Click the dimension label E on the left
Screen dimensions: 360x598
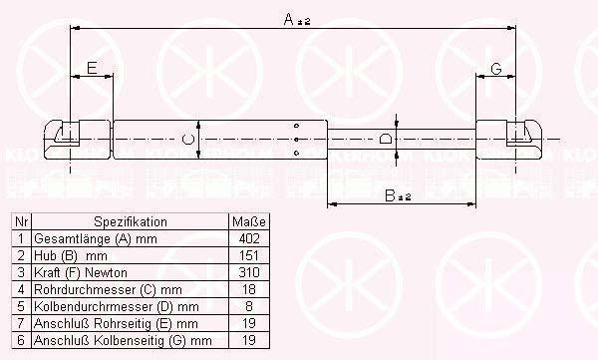(91, 68)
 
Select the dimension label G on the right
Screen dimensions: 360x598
(494, 68)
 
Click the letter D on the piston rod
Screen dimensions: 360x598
(385, 140)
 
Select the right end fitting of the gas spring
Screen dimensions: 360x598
(518, 137)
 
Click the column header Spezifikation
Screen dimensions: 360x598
(131, 221)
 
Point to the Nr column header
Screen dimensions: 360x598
(21, 221)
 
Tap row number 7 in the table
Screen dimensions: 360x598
(21, 324)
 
